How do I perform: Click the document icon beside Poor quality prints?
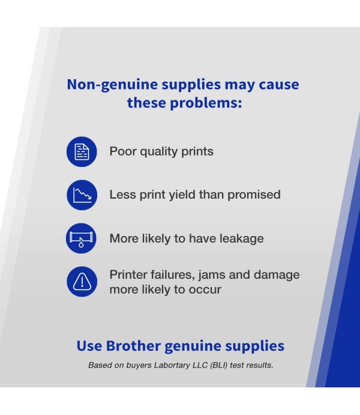tap(82, 151)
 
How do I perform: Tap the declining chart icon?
tap(82, 195)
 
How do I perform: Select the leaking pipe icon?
tap(82, 238)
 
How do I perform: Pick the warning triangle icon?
tap(82, 282)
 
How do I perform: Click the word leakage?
tap(240, 238)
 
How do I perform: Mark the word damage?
tap(276, 275)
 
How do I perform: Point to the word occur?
tap(205, 289)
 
